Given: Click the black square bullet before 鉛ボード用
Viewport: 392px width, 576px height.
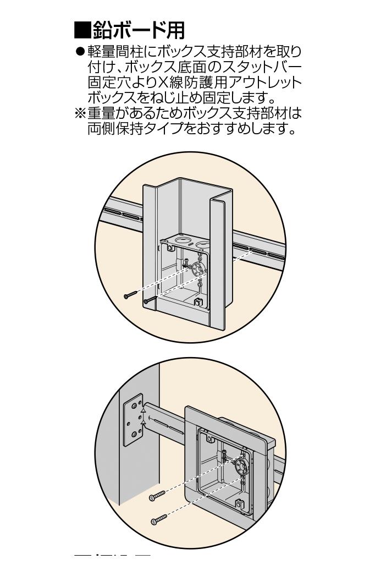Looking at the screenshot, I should [x=81, y=30].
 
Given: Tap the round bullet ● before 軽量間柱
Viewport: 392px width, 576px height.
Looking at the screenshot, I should [x=81, y=53].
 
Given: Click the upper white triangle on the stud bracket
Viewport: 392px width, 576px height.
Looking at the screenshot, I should [x=142, y=410].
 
